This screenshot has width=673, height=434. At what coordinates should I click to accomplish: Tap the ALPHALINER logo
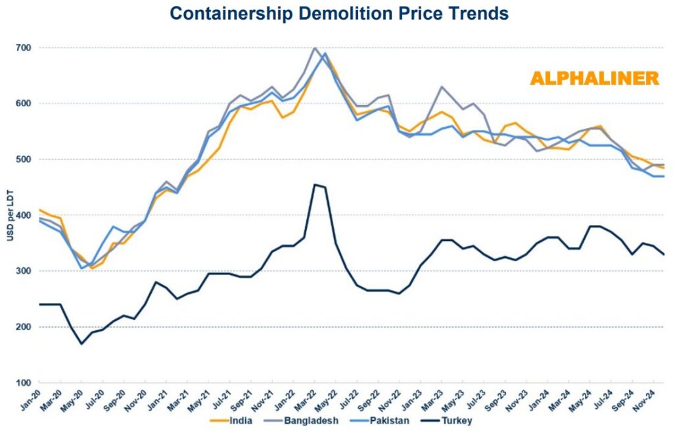pyautogui.click(x=594, y=78)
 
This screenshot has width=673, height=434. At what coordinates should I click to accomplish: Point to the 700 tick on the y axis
pyautogui.click(x=24, y=48)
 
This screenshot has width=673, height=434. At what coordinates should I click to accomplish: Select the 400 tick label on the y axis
pyautogui.click(x=24, y=215)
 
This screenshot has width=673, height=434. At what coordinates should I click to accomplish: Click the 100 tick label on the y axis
pyautogui.click(x=24, y=383)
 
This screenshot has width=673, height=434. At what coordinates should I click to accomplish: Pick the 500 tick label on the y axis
pyautogui.click(x=24, y=160)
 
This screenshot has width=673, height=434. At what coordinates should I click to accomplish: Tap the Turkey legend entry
pyautogui.click(x=457, y=420)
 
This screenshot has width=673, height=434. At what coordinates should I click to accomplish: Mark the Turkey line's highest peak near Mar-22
pyautogui.click(x=315, y=184)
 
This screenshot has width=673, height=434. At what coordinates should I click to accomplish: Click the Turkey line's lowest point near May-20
pyautogui.click(x=81, y=343)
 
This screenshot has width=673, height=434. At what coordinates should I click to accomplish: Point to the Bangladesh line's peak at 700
pyautogui.click(x=315, y=48)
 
